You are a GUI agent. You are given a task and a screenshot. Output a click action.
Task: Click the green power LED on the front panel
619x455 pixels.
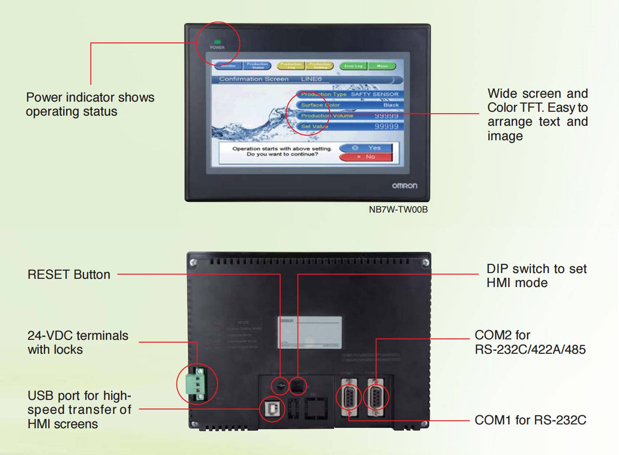(x=217, y=42)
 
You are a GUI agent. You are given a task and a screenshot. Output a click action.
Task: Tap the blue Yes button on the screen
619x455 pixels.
(x=366, y=148)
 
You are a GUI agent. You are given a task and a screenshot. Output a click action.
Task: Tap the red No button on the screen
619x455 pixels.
(x=366, y=157)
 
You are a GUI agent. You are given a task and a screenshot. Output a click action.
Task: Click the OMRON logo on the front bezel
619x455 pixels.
(x=404, y=186)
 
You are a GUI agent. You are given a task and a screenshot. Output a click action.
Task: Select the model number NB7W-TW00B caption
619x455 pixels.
(x=398, y=209)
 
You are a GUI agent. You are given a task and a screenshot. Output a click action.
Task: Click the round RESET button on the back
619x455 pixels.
(x=280, y=386)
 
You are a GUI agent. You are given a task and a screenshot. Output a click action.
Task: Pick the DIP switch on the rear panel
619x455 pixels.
(x=297, y=386)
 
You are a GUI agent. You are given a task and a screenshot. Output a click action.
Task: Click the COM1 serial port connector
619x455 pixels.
(x=349, y=397)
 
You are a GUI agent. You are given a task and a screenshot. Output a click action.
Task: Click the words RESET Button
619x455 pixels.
(x=69, y=275)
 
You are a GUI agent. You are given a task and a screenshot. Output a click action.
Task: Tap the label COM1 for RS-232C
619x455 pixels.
(x=530, y=420)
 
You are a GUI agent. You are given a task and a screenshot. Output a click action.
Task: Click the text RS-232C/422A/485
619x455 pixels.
(x=530, y=350)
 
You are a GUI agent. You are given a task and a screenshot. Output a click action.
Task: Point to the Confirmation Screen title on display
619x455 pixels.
(x=254, y=79)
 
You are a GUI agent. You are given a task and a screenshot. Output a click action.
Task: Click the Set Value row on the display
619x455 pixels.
(x=349, y=127)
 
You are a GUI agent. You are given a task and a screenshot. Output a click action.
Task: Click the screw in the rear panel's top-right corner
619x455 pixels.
(x=425, y=262)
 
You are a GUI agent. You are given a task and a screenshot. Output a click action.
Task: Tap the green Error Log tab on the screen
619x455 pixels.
(x=353, y=66)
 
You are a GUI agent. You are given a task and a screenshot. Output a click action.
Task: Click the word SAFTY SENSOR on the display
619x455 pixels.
(x=374, y=94)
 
